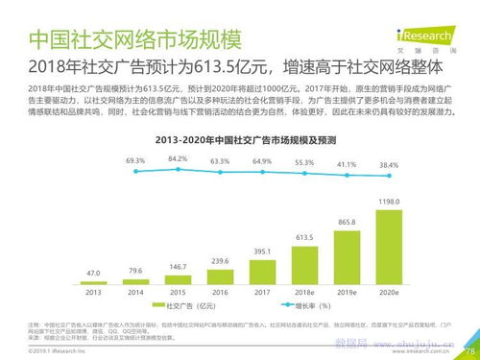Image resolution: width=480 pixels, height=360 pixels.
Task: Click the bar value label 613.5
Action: (x=305, y=235)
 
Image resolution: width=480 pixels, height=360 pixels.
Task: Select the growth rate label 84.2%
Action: (x=177, y=157)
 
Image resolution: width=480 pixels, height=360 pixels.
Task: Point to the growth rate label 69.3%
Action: (x=134, y=160)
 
